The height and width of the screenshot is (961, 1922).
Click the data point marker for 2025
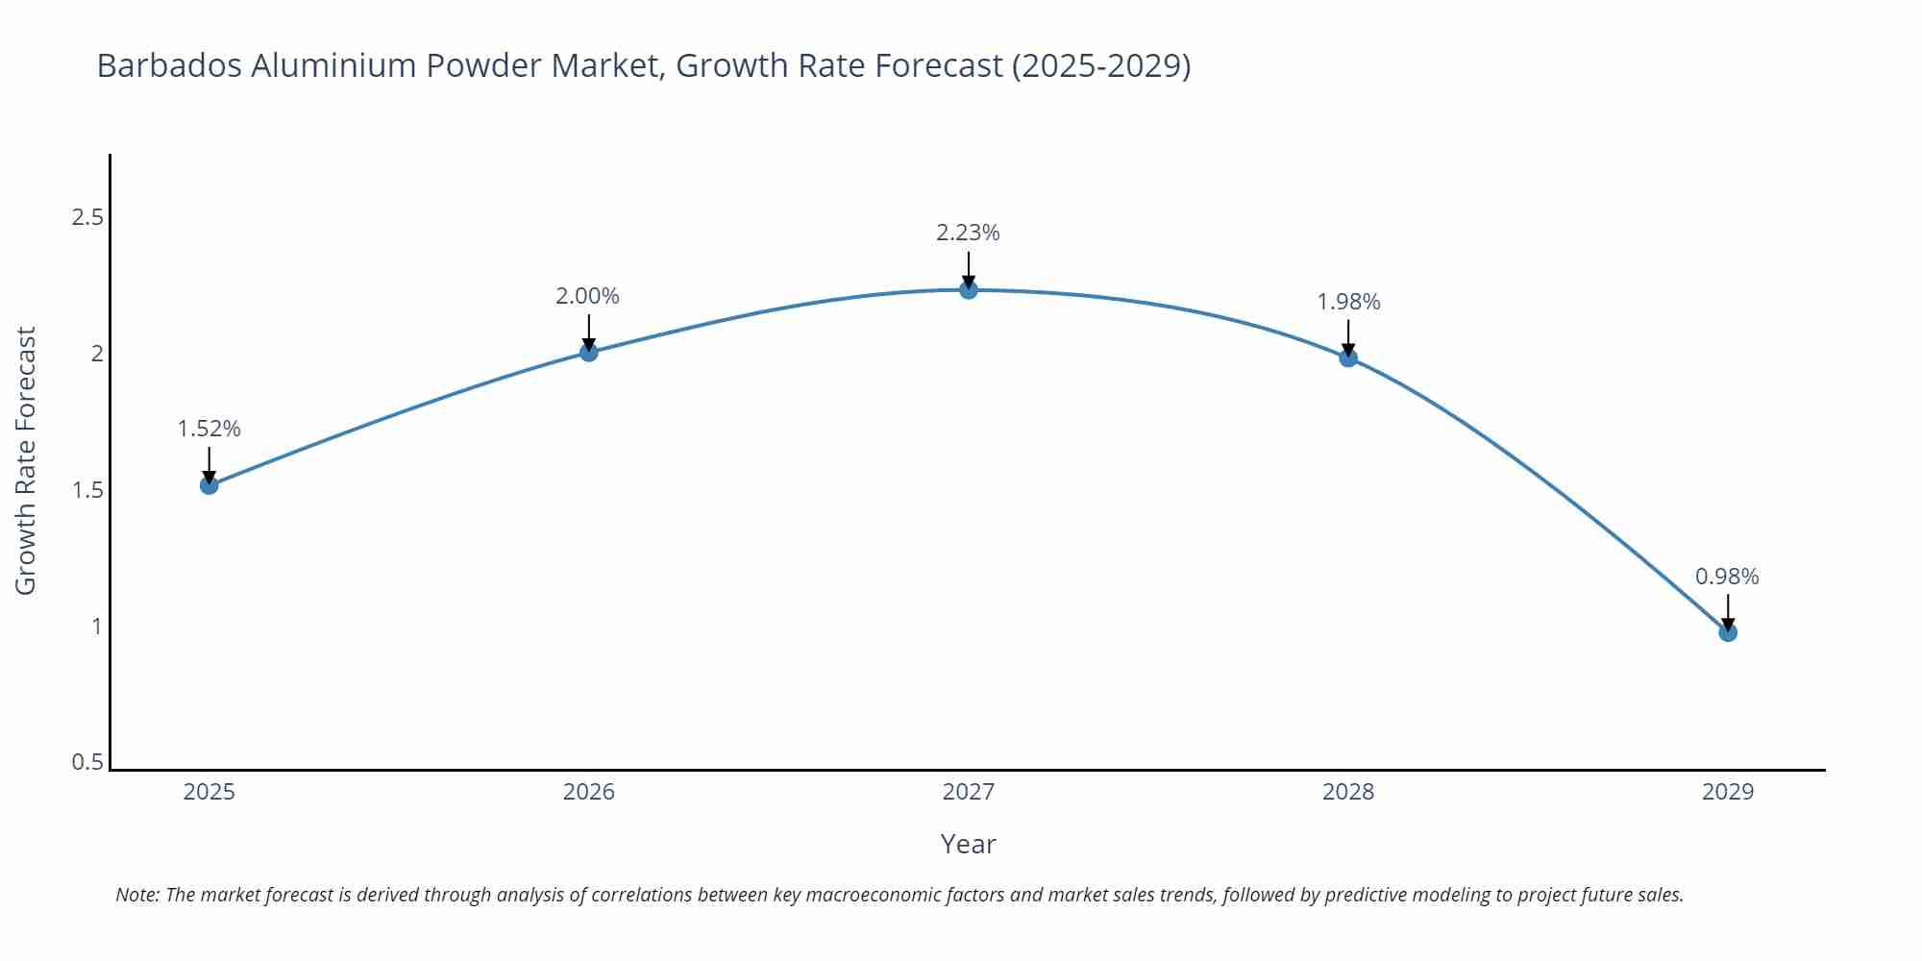click(x=209, y=485)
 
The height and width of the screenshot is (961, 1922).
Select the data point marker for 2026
click(x=589, y=353)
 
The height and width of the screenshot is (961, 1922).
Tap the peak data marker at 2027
click(x=969, y=289)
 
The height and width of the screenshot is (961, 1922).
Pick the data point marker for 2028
click(x=1348, y=357)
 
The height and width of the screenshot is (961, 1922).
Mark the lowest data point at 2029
click(x=1728, y=632)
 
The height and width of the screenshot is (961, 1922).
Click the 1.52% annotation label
click(x=209, y=429)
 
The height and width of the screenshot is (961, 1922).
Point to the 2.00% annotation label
click(x=587, y=296)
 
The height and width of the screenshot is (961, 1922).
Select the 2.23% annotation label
click(x=968, y=233)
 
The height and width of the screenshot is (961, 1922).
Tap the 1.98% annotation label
click(x=1348, y=302)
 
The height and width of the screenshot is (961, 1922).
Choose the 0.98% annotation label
click(x=1727, y=577)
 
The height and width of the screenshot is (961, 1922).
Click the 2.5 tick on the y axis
click(x=87, y=217)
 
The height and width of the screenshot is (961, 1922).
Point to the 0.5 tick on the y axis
click(x=87, y=762)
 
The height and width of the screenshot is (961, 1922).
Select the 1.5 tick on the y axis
click(x=87, y=490)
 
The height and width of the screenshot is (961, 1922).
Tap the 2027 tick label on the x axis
click(x=968, y=792)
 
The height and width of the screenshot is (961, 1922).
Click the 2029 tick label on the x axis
click(x=1727, y=792)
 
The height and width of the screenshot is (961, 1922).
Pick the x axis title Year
click(x=968, y=844)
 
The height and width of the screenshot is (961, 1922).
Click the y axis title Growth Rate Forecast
click(x=26, y=460)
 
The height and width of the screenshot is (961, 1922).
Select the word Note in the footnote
click(x=137, y=895)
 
